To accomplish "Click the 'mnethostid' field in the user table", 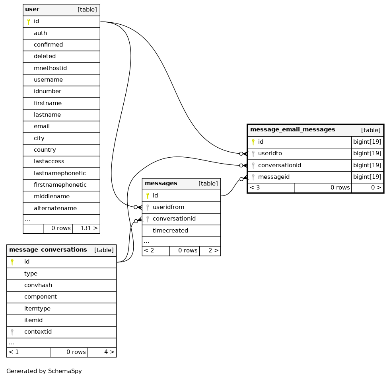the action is [x=51, y=68].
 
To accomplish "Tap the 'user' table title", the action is [x=32, y=10].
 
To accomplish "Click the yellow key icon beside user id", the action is [x=28, y=21].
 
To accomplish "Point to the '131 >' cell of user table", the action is [x=89, y=228].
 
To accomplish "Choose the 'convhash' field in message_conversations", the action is [x=38, y=285].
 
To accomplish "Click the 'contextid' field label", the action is [x=38, y=332].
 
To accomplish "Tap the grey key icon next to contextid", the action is [x=12, y=332].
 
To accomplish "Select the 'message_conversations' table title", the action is [x=48, y=250].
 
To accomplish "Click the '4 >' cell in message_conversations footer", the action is [x=109, y=352].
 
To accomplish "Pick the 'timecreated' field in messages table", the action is [x=170, y=231].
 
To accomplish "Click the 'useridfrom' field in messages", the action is [x=168, y=207].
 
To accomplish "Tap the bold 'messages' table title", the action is [x=161, y=184].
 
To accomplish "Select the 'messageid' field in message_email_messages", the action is [x=274, y=177].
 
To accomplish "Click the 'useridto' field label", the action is [x=270, y=153].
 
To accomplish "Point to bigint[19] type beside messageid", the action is [x=367, y=177].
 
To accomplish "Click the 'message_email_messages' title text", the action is [x=292, y=130].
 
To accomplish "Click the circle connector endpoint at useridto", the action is [x=241, y=154].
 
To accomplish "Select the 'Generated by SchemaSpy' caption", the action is [x=44, y=371].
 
